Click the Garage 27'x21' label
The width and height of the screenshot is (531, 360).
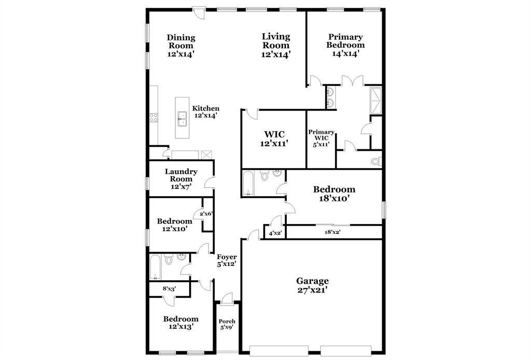[x=312, y=285]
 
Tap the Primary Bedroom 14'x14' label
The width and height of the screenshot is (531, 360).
[x=345, y=45]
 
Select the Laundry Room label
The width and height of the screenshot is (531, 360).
[x=181, y=175]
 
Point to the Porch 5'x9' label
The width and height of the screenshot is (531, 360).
[x=227, y=324]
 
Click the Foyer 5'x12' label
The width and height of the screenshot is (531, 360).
[x=227, y=260]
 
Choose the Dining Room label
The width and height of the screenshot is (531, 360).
[x=181, y=41]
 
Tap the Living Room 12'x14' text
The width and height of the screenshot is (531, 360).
[x=276, y=45]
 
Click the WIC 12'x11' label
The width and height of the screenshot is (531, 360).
[x=274, y=139]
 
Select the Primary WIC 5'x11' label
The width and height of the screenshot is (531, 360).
[x=321, y=138]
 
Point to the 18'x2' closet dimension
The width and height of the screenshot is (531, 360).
[x=332, y=232]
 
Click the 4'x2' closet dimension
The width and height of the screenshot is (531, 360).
[x=275, y=233]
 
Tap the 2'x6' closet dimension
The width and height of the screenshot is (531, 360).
[x=206, y=214]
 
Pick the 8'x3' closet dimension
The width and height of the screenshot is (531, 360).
[x=169, y=288]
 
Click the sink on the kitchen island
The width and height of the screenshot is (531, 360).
[x=182, y=119]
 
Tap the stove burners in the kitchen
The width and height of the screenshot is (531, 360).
[x=153, y=118]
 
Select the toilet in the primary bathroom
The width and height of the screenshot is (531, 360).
[x=376, y=161]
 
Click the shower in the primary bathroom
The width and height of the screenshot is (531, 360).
[x=375, y=101]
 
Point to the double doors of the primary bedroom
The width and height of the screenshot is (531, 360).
[x=352, y=80]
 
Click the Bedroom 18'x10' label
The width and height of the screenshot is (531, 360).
[x=334, y=193]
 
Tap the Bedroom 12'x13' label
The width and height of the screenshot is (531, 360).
[x=181, y=323]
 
